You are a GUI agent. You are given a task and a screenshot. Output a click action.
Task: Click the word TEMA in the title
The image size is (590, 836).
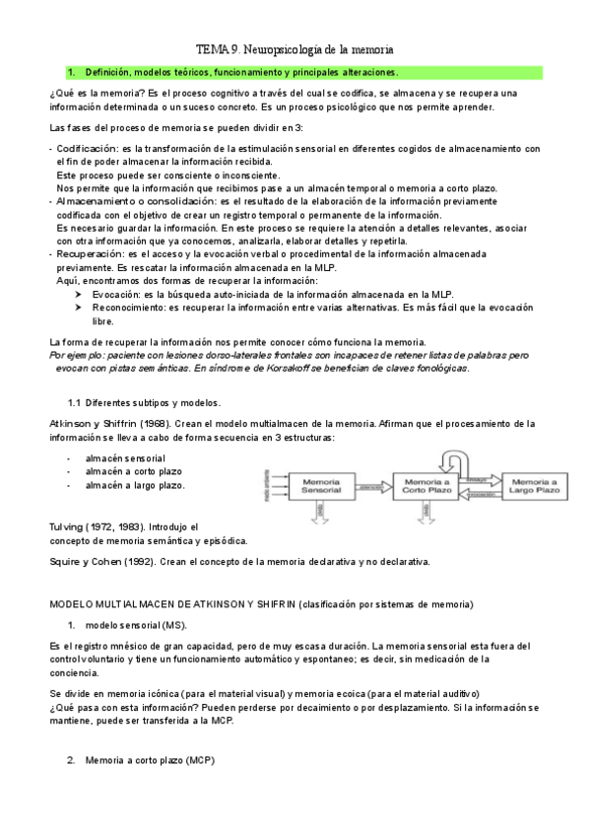tap(210, 47)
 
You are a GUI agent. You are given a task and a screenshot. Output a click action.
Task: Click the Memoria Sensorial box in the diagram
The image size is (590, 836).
tap(321, 485)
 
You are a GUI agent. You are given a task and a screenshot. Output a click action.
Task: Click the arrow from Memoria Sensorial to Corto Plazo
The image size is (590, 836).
tap(371, 485)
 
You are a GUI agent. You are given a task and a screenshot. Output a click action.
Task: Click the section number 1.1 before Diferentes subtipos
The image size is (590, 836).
tap(74, 403)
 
